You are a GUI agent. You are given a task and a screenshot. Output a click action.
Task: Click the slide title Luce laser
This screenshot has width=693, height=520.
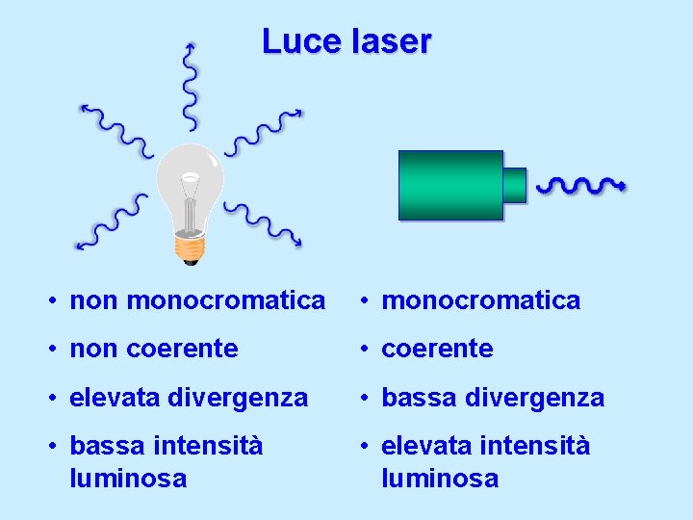click(346, 41)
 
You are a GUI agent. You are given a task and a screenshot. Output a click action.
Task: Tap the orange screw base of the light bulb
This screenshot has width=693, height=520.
click(190, 248)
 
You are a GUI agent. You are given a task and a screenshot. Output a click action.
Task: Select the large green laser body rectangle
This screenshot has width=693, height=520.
click(450, 185)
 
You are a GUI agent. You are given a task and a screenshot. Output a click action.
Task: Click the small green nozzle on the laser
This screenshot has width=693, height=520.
click(515, 185)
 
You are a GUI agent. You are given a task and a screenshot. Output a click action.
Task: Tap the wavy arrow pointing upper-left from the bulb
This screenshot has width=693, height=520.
click(115, 129)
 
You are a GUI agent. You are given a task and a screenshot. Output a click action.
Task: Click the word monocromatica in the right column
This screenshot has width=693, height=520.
click(481, 300)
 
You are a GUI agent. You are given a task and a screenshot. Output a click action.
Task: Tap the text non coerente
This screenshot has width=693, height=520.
click(154, 349)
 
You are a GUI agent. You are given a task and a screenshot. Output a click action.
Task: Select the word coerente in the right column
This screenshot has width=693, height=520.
click(437, 349)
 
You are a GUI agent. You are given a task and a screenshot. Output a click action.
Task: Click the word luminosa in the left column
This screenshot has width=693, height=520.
click(128, 478)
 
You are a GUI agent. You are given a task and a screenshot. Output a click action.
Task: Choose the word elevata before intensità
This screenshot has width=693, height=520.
click(428, 446)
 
